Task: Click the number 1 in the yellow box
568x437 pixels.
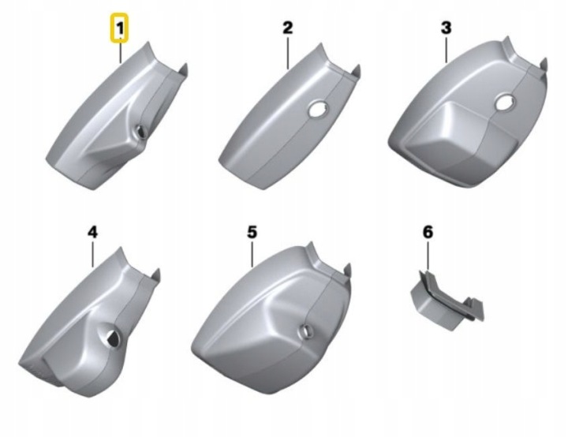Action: [x=120, y=28]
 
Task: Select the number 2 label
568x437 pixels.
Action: [x=287, y=28]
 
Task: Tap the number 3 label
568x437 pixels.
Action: [x=446, y=28]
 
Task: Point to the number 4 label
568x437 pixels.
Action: [x=93, y=232]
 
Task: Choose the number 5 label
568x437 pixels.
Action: [x=252, y=232]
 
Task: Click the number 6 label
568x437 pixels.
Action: [x=428, y=232]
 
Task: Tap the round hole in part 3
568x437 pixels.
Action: [x=505, y=103]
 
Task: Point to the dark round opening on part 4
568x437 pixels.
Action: [x=112, y=338]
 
